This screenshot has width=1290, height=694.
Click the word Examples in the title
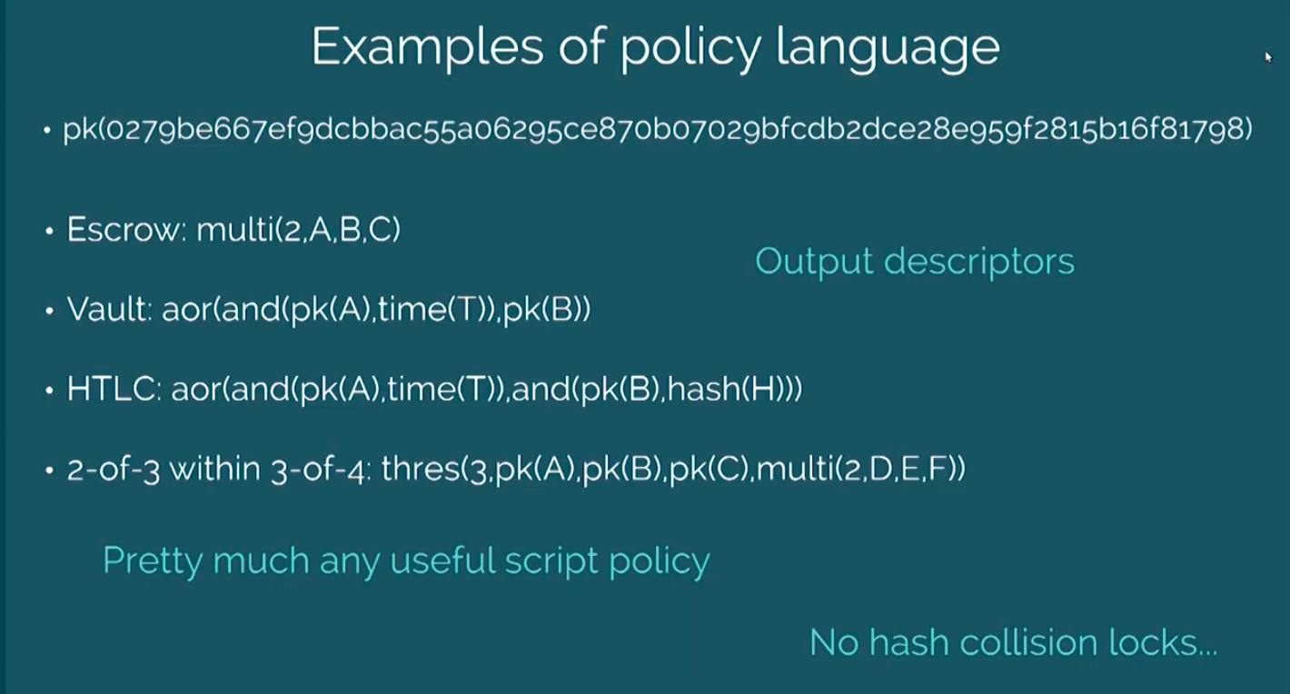click(427, 48)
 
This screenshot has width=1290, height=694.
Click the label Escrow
click(124, 229)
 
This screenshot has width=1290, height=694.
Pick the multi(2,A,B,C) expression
click(298, 229)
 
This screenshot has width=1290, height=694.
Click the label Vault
click(109, 309)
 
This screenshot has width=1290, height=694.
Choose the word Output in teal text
click(813, 262)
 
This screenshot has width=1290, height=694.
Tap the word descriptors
click(978, 262)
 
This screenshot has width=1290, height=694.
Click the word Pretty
click(153, 561)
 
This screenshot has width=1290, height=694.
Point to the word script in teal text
click(551, 561)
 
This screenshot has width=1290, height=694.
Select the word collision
click(1028, 642)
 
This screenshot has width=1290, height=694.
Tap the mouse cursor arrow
click(1268, 56)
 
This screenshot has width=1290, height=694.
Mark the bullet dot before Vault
click(50, 311)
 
